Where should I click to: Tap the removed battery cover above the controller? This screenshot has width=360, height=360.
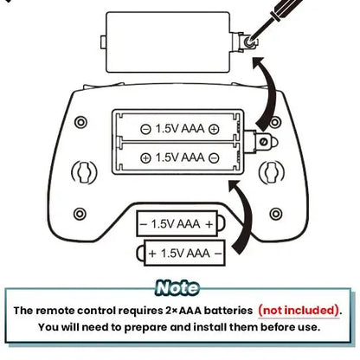click(x=168, y=42)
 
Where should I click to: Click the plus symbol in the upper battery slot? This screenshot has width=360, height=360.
click(x=214, y=129)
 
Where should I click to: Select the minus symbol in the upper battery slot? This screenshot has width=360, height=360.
click(x=145, y=129)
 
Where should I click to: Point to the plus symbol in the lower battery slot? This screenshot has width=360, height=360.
click(x=145, y=157)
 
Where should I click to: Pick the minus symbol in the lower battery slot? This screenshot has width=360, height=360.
click(x=214, y=158)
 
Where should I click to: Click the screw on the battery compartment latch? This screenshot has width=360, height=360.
click(x=263, y=142)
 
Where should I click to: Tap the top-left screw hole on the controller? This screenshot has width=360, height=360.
click(x=80, y=122)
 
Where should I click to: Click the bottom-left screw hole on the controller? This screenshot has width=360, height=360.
click(x=80, y=214)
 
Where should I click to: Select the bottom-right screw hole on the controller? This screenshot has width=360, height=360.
click(x=276, y=214)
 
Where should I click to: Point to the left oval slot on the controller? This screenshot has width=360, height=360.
click(x=84, y=172)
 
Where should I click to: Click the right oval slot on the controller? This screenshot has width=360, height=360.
click(x=271, y=172)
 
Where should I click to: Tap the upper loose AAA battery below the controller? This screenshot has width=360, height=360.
click(x=181, y=223)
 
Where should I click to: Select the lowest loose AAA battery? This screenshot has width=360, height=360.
click(x=181, y=253)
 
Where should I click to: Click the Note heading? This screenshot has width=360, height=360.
click(x=177, y=288)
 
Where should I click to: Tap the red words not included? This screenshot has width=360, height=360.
click(x=299, y=311)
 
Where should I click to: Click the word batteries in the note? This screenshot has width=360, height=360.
click(x=228, y=311)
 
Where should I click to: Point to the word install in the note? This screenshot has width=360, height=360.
click(x=210, y=327)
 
